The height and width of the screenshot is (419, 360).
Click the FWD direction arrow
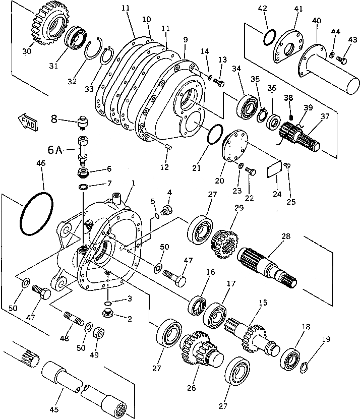click(26, 122)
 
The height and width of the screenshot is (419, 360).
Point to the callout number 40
click(316, 22)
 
